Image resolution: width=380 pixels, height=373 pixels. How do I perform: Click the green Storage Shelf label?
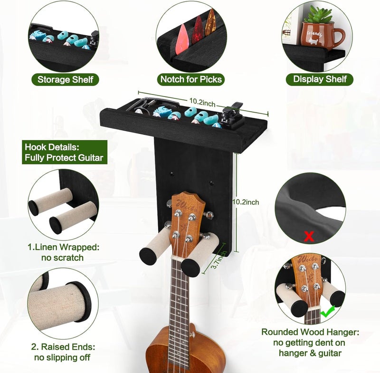[x=65, y=79]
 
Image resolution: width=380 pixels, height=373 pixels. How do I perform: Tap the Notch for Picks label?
[x=191, y=79]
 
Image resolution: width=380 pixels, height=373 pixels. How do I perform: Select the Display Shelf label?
[x=320, y=79]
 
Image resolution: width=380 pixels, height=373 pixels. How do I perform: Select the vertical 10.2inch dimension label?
[x=246, y=202]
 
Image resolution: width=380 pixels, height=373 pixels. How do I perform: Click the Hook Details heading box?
[x=64, y=153]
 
